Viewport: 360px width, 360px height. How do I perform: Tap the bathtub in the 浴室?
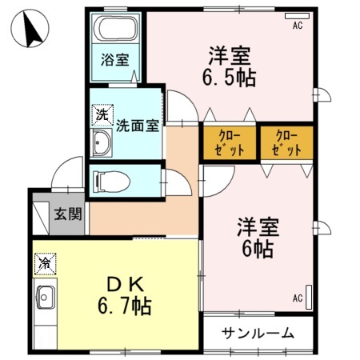(117, 30)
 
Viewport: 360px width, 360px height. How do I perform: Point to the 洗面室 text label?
(138, 125)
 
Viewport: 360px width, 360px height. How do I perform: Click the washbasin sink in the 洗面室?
(102, 145)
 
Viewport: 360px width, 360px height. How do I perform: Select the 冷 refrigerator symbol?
(44, 262)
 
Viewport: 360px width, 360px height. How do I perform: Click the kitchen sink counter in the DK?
(45, 301)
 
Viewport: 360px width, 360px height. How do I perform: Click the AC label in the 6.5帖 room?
(297, 25)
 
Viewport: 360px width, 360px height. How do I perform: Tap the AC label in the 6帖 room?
(297, 298)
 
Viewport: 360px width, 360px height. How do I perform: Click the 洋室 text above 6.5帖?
(230, 57)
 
